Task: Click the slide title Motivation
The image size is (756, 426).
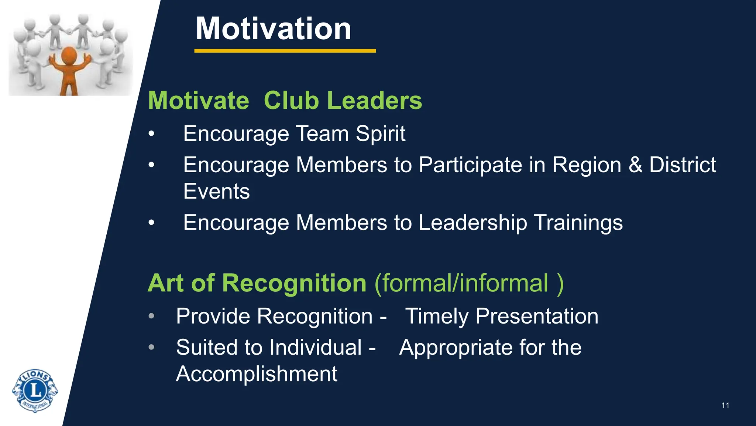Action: pos(273,29)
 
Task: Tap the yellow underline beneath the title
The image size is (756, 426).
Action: pos(285,51)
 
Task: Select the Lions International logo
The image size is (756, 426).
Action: pos(35,390)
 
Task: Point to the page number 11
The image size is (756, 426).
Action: pos(725,406)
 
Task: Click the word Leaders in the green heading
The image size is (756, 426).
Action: pos(374,101)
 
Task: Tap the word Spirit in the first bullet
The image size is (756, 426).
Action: pos(380,134)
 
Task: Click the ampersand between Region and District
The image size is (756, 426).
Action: pos(635,165)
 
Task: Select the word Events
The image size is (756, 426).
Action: pos(217,192)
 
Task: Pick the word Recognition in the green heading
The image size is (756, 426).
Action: pos(294,283)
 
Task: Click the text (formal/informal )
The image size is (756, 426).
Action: pos(469,283)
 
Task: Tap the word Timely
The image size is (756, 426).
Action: pos(437,317)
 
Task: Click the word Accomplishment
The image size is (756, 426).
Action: pos(257,374)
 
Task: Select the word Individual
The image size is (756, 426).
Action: pos(315,348)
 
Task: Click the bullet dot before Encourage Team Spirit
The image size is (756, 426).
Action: pos(151,134)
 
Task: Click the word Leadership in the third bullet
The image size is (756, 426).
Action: pos(473,223)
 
